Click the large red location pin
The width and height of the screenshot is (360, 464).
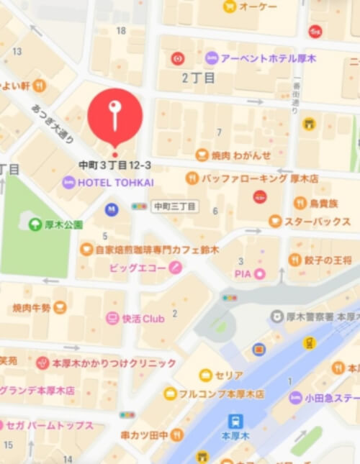(114, 116)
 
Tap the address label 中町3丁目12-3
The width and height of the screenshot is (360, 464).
(115, 165)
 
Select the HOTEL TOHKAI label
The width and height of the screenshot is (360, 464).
(115, 183)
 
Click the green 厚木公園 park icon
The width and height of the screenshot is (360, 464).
(35, 224)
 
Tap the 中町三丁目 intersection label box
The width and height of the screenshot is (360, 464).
(174, 206)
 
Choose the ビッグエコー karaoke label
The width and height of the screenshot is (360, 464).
(138, 268)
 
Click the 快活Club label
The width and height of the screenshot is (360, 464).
(143, 318)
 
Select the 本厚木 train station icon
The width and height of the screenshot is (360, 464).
(235, 421)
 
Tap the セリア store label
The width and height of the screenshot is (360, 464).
(229, 375)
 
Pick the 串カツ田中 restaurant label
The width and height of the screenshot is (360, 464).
(143, 435)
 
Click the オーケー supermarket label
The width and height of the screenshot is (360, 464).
(258, 6)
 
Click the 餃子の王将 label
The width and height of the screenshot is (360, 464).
(328, 260)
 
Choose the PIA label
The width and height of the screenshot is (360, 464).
(242, 273)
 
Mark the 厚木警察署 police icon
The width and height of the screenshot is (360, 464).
(277, 316)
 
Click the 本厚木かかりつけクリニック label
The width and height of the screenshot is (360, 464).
(114, 363)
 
